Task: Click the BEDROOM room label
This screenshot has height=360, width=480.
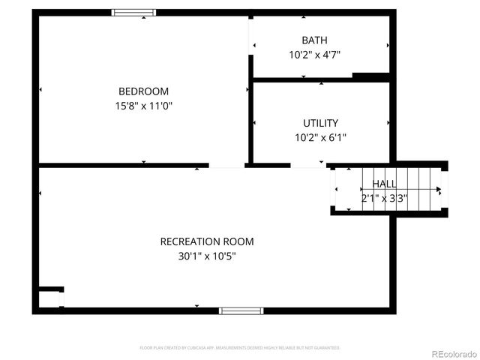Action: (x=143, y=91)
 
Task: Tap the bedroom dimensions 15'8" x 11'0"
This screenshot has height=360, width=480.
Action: (x=143, y=106)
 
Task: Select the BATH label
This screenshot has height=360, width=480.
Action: (x=314, y=40)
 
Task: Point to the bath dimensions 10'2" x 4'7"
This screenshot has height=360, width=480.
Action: (x=314, y=55)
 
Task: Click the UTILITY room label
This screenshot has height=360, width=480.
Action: (x=320, y=123)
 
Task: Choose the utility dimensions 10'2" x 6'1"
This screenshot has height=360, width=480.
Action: (x=320, y=137)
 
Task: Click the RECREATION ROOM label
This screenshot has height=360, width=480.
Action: (x=207, y=241)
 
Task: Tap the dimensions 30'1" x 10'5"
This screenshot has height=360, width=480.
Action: (x=207, y=256)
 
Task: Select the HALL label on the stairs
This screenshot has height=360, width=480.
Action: (x=385, y=184)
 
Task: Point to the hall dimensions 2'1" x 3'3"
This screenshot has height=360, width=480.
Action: (x=385, y=199)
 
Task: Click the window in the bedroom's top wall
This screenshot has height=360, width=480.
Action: (x=134, y=13)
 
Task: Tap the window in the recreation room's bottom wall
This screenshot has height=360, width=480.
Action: (x=241, y=310)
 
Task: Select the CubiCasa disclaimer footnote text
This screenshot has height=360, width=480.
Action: (x=240, y=348)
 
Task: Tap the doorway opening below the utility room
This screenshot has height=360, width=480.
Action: (x=307, y=166)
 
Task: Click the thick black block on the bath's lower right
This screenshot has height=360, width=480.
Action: (x=370, y=76)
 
